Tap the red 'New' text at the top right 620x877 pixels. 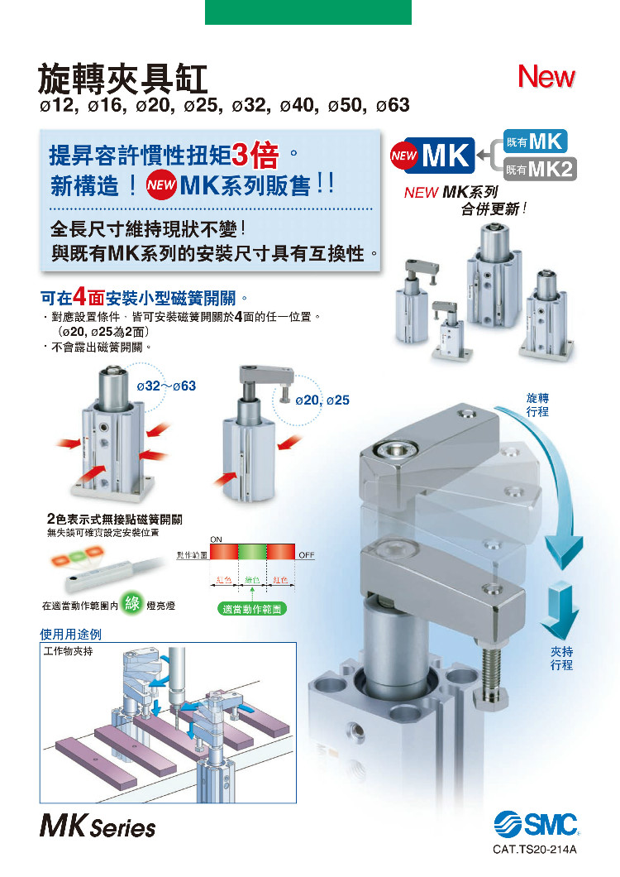click(546, 77)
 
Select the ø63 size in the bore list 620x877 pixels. click(393, 106)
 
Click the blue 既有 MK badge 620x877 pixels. click(535, 141)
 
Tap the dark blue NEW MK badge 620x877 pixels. click(431, 156)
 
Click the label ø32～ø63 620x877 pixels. click(166, 386)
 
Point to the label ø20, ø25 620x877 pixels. click(322, 400)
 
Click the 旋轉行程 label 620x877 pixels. click(537, 405)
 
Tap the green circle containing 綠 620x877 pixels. click(131, 604)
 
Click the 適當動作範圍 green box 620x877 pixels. click(253, 607)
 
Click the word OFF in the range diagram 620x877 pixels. click(306, 554)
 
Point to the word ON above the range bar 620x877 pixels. click(217, 539)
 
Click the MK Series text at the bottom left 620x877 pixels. click(97, 827)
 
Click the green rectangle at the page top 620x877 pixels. click(308, 12)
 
